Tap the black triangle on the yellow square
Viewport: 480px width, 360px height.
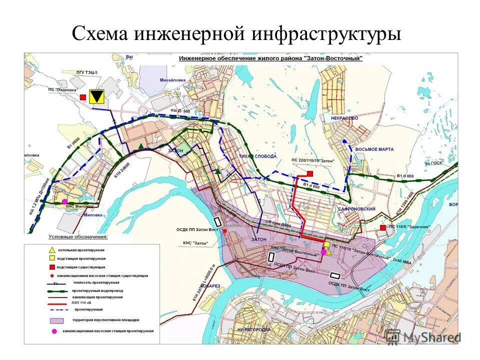click(96, 97)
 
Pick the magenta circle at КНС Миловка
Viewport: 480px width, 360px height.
click(64, 203)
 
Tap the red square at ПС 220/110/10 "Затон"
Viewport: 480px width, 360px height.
click(310, 173)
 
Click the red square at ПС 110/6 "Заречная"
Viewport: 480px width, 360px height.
click(383, 227)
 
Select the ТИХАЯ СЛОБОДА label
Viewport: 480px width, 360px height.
click(257, 156)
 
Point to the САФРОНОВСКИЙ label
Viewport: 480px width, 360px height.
click(356, 208)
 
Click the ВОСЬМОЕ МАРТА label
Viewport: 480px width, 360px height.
click(374, 149)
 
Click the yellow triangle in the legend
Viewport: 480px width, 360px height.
click(51, 249)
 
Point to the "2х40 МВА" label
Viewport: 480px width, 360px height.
click(401, 260)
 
